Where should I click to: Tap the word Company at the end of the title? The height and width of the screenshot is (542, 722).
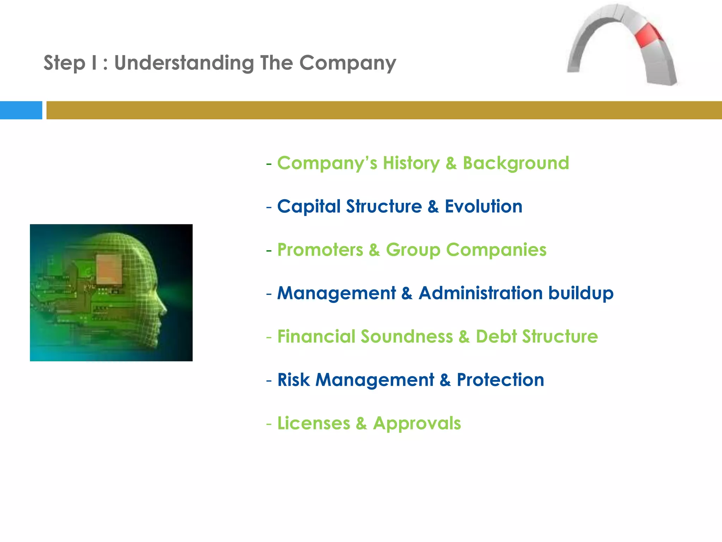click(x=348, y=63)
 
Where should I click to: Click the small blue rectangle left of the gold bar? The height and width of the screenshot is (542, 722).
click(x=21, y=110)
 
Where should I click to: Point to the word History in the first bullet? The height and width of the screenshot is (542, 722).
click(x=411, y=163)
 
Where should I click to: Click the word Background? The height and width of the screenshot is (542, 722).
click(x=515, y=163)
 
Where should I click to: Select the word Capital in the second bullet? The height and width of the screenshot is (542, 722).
click(x=314, y=206)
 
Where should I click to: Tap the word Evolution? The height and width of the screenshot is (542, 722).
click(x=483, y=206)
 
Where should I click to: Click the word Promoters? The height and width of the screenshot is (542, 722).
click(x=320, y=250)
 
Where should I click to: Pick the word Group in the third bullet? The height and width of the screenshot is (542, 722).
click(x=413, y=250)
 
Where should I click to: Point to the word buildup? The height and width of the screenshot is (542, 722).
click(x=581, y=293)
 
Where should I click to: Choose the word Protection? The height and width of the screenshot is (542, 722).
click(x=500, y=380)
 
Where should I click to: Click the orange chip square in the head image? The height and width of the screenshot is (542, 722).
click(x=109, y=269)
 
